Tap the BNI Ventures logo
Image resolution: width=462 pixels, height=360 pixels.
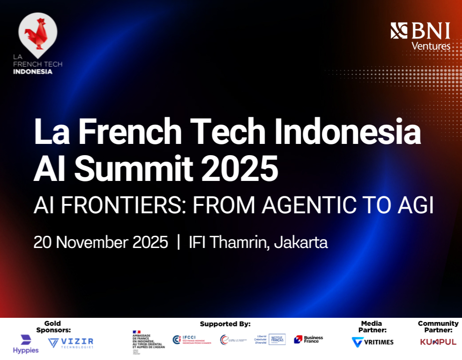coord(420,36)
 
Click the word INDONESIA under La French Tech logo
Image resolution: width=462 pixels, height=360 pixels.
coord(33,72)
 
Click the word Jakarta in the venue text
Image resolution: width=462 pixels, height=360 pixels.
coord(301,242)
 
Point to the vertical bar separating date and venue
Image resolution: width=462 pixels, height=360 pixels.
coord(178,242)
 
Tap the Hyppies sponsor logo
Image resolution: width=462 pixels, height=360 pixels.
coord(25,344)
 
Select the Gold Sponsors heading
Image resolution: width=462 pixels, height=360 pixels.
coord(53,327)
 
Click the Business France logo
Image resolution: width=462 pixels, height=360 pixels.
coord(308,339)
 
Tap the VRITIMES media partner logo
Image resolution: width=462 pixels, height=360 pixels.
coord(373,342)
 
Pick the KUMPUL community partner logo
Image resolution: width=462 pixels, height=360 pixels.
coord(438,342)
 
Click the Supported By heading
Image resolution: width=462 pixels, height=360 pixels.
coord(225,324)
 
